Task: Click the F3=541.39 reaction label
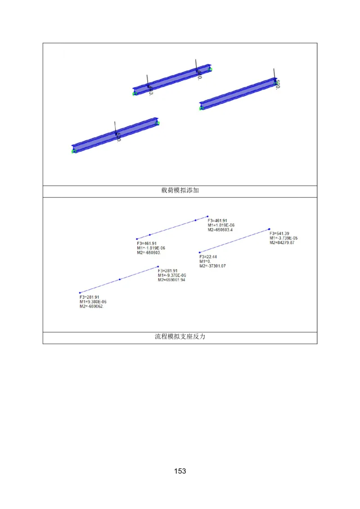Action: (279, 233)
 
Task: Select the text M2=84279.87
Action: (282, 243)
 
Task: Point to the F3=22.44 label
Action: (208, 257)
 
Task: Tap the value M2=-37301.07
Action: (212, 266)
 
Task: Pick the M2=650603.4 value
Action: (220, 230)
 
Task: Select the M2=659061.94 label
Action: (171, 280)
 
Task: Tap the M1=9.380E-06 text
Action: (93, 302)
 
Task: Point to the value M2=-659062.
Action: (92, 306)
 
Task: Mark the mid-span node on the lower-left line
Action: (120, 280)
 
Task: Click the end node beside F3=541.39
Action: (269, 229)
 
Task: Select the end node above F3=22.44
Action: (200, 252)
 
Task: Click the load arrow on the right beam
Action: (274, 74)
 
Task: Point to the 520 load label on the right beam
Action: (278, 85)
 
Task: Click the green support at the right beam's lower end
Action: (202, 108)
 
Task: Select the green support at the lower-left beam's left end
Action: (73, 152)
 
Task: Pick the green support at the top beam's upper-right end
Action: (210, 69)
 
